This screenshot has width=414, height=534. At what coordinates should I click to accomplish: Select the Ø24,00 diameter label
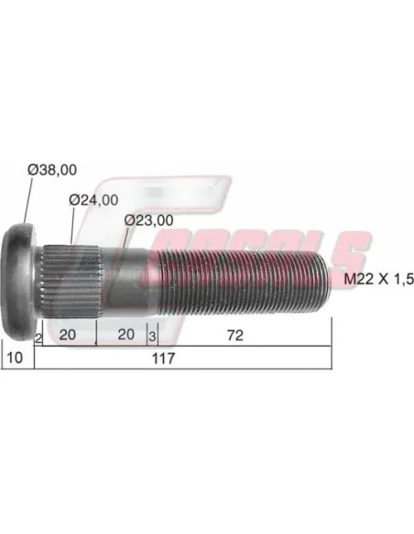(x=93, y=200)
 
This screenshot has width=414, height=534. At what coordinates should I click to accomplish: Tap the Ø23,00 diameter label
(x=148, y=219)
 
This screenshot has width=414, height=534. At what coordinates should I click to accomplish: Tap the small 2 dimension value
(x=38, y=337)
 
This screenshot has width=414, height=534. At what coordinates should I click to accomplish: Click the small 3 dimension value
(x=151, y=336)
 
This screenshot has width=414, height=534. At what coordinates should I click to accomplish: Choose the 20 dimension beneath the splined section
(x=67, y=336)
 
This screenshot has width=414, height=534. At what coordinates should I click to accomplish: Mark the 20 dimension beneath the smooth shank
(x=125, y=336)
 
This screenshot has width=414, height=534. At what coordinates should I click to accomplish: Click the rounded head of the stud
(x=24, y=271)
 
